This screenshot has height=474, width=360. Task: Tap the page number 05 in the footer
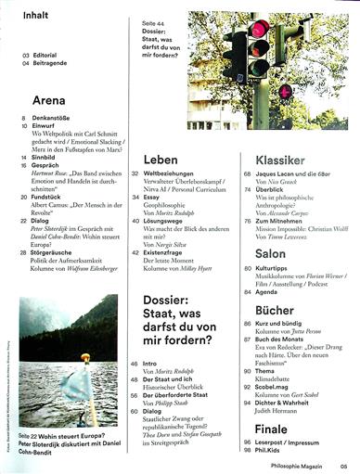point(343,465)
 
